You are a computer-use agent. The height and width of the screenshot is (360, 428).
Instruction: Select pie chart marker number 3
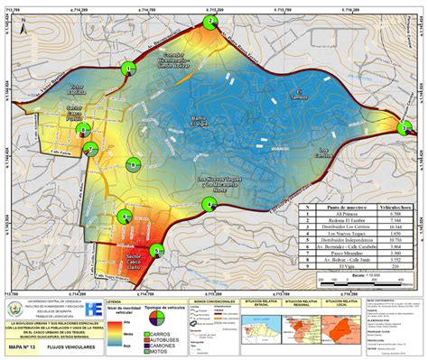click(x=403, y=129)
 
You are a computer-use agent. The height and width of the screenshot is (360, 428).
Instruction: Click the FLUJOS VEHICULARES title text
click(x=67, y=344)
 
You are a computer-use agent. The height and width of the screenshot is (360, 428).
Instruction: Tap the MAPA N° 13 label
click(x=22, y=344)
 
